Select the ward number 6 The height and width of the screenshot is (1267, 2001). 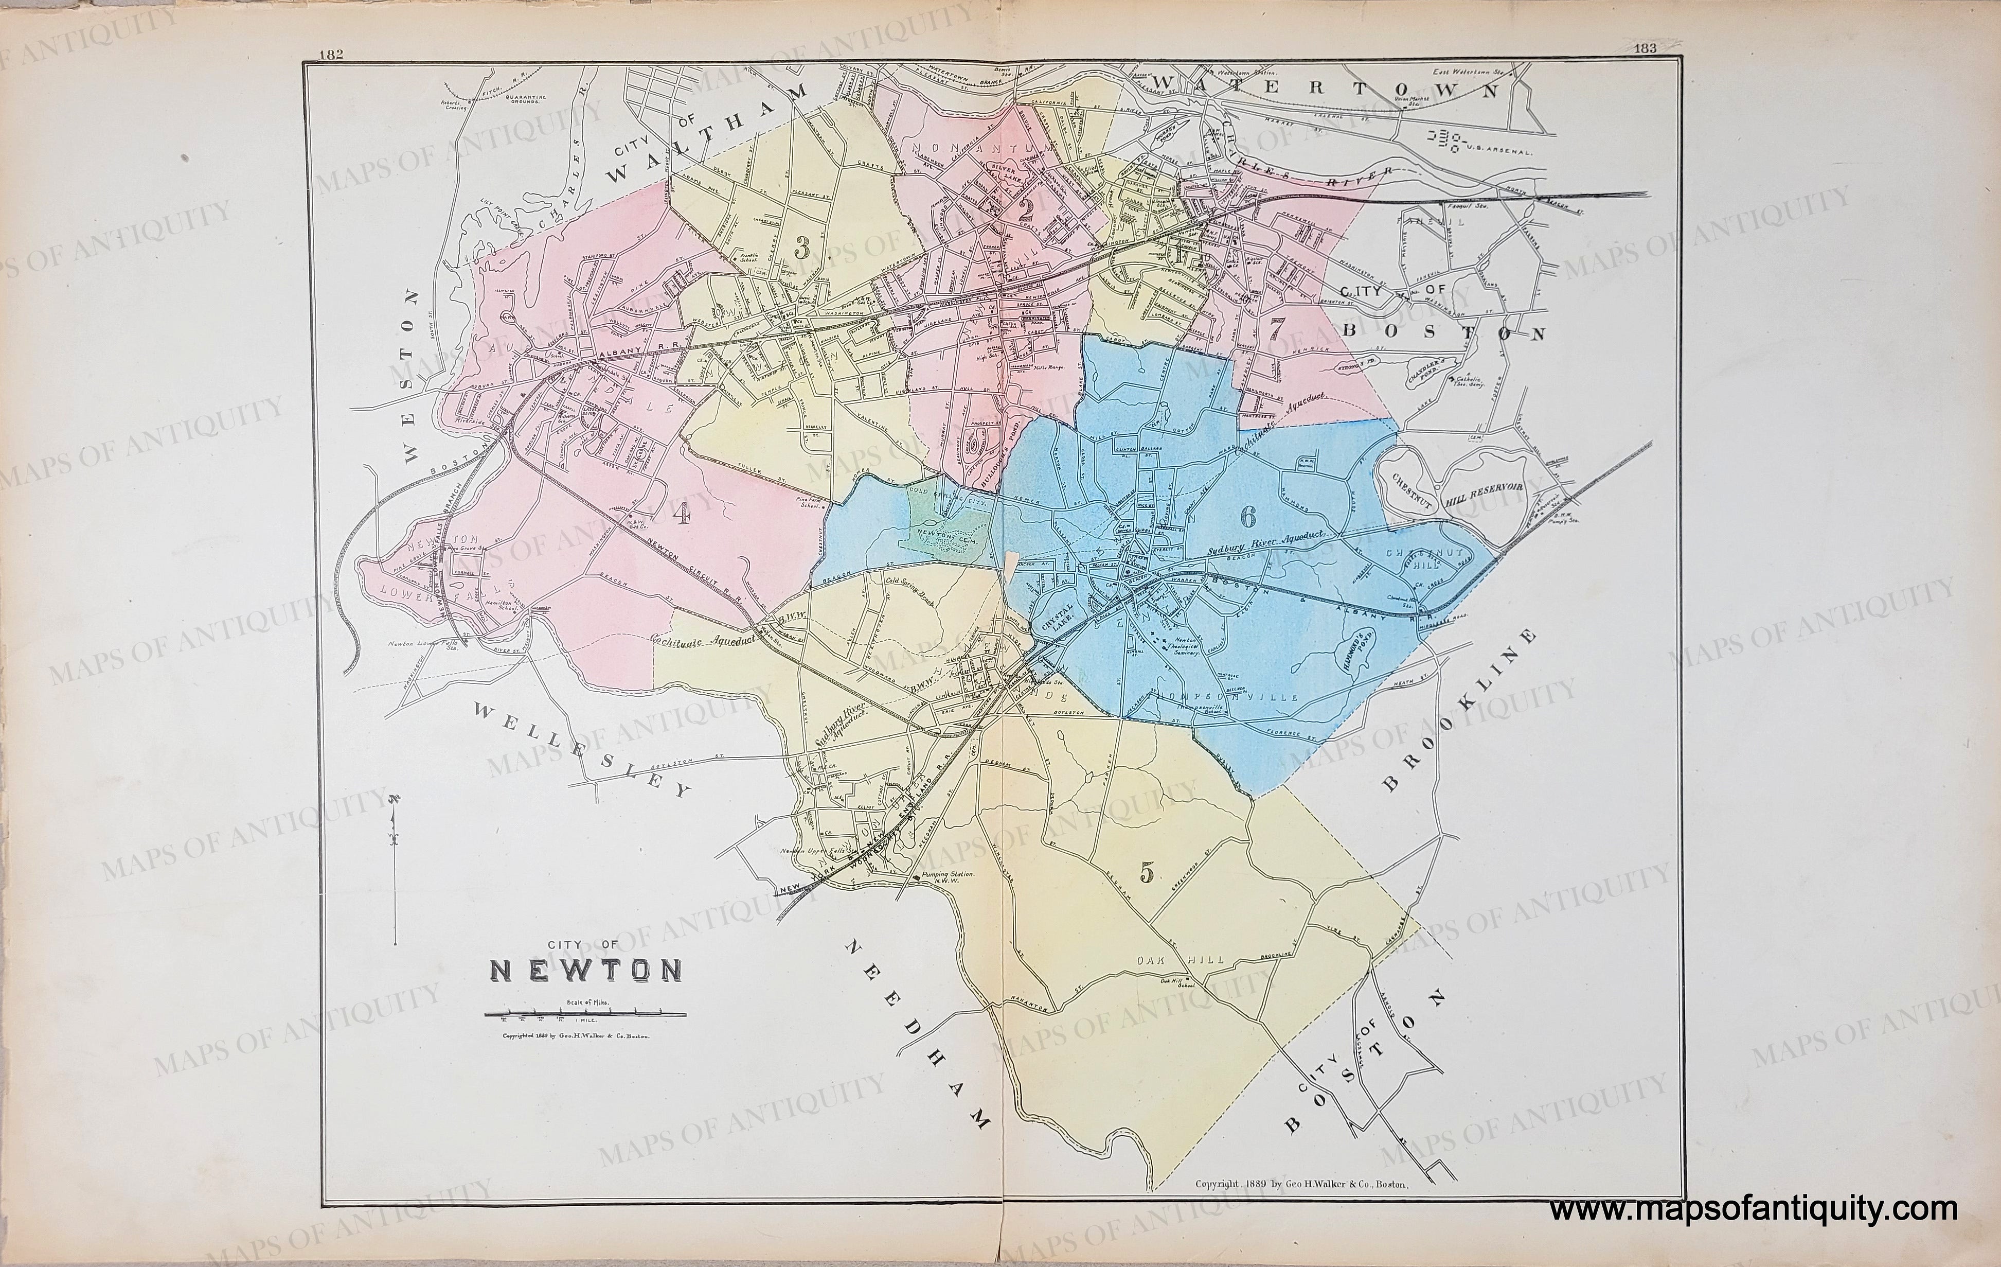(1247, 516)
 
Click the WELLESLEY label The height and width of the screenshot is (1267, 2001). (581, 749)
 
